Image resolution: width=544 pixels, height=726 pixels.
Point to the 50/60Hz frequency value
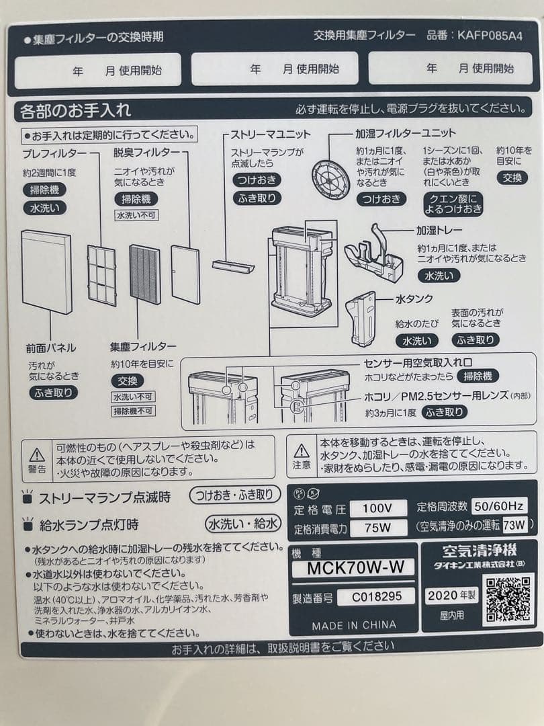pos(499,506)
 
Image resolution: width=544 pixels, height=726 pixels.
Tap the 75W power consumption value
pos(378,528)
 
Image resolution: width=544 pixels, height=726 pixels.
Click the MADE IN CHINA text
pos(354,625)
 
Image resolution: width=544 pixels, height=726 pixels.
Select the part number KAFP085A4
pos(490,35)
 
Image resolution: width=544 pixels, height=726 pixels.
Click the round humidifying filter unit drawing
pos(331,177)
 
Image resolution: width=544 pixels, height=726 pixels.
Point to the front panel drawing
pos(46,271)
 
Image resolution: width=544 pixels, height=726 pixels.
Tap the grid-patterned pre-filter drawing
pos(101,275)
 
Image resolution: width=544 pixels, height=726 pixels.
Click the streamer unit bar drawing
pos(233,266)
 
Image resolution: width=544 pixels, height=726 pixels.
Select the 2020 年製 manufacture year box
pos(451,595)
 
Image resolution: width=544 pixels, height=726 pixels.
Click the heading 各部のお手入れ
pos(75,110)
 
